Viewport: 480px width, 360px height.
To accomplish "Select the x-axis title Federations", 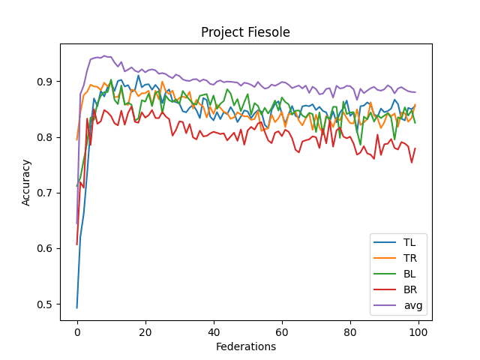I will coord(246,346).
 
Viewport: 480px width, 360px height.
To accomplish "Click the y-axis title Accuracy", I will coord(27,182).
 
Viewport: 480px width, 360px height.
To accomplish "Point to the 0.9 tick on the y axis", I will coord(46,82).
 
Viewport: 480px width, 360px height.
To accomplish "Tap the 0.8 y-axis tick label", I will coord(46,137).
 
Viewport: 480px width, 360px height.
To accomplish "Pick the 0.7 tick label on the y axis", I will coord(46,193).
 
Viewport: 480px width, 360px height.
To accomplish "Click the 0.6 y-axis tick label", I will coord(46,249).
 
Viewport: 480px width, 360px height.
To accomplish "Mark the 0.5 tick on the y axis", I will coord(46,304).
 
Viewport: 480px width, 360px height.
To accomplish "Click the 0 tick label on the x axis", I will coord(77,331).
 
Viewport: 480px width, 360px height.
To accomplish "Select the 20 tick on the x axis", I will coord(145,331).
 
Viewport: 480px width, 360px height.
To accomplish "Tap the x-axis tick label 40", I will coord(214,331).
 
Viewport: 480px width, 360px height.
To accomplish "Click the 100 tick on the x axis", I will coord(418,331).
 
